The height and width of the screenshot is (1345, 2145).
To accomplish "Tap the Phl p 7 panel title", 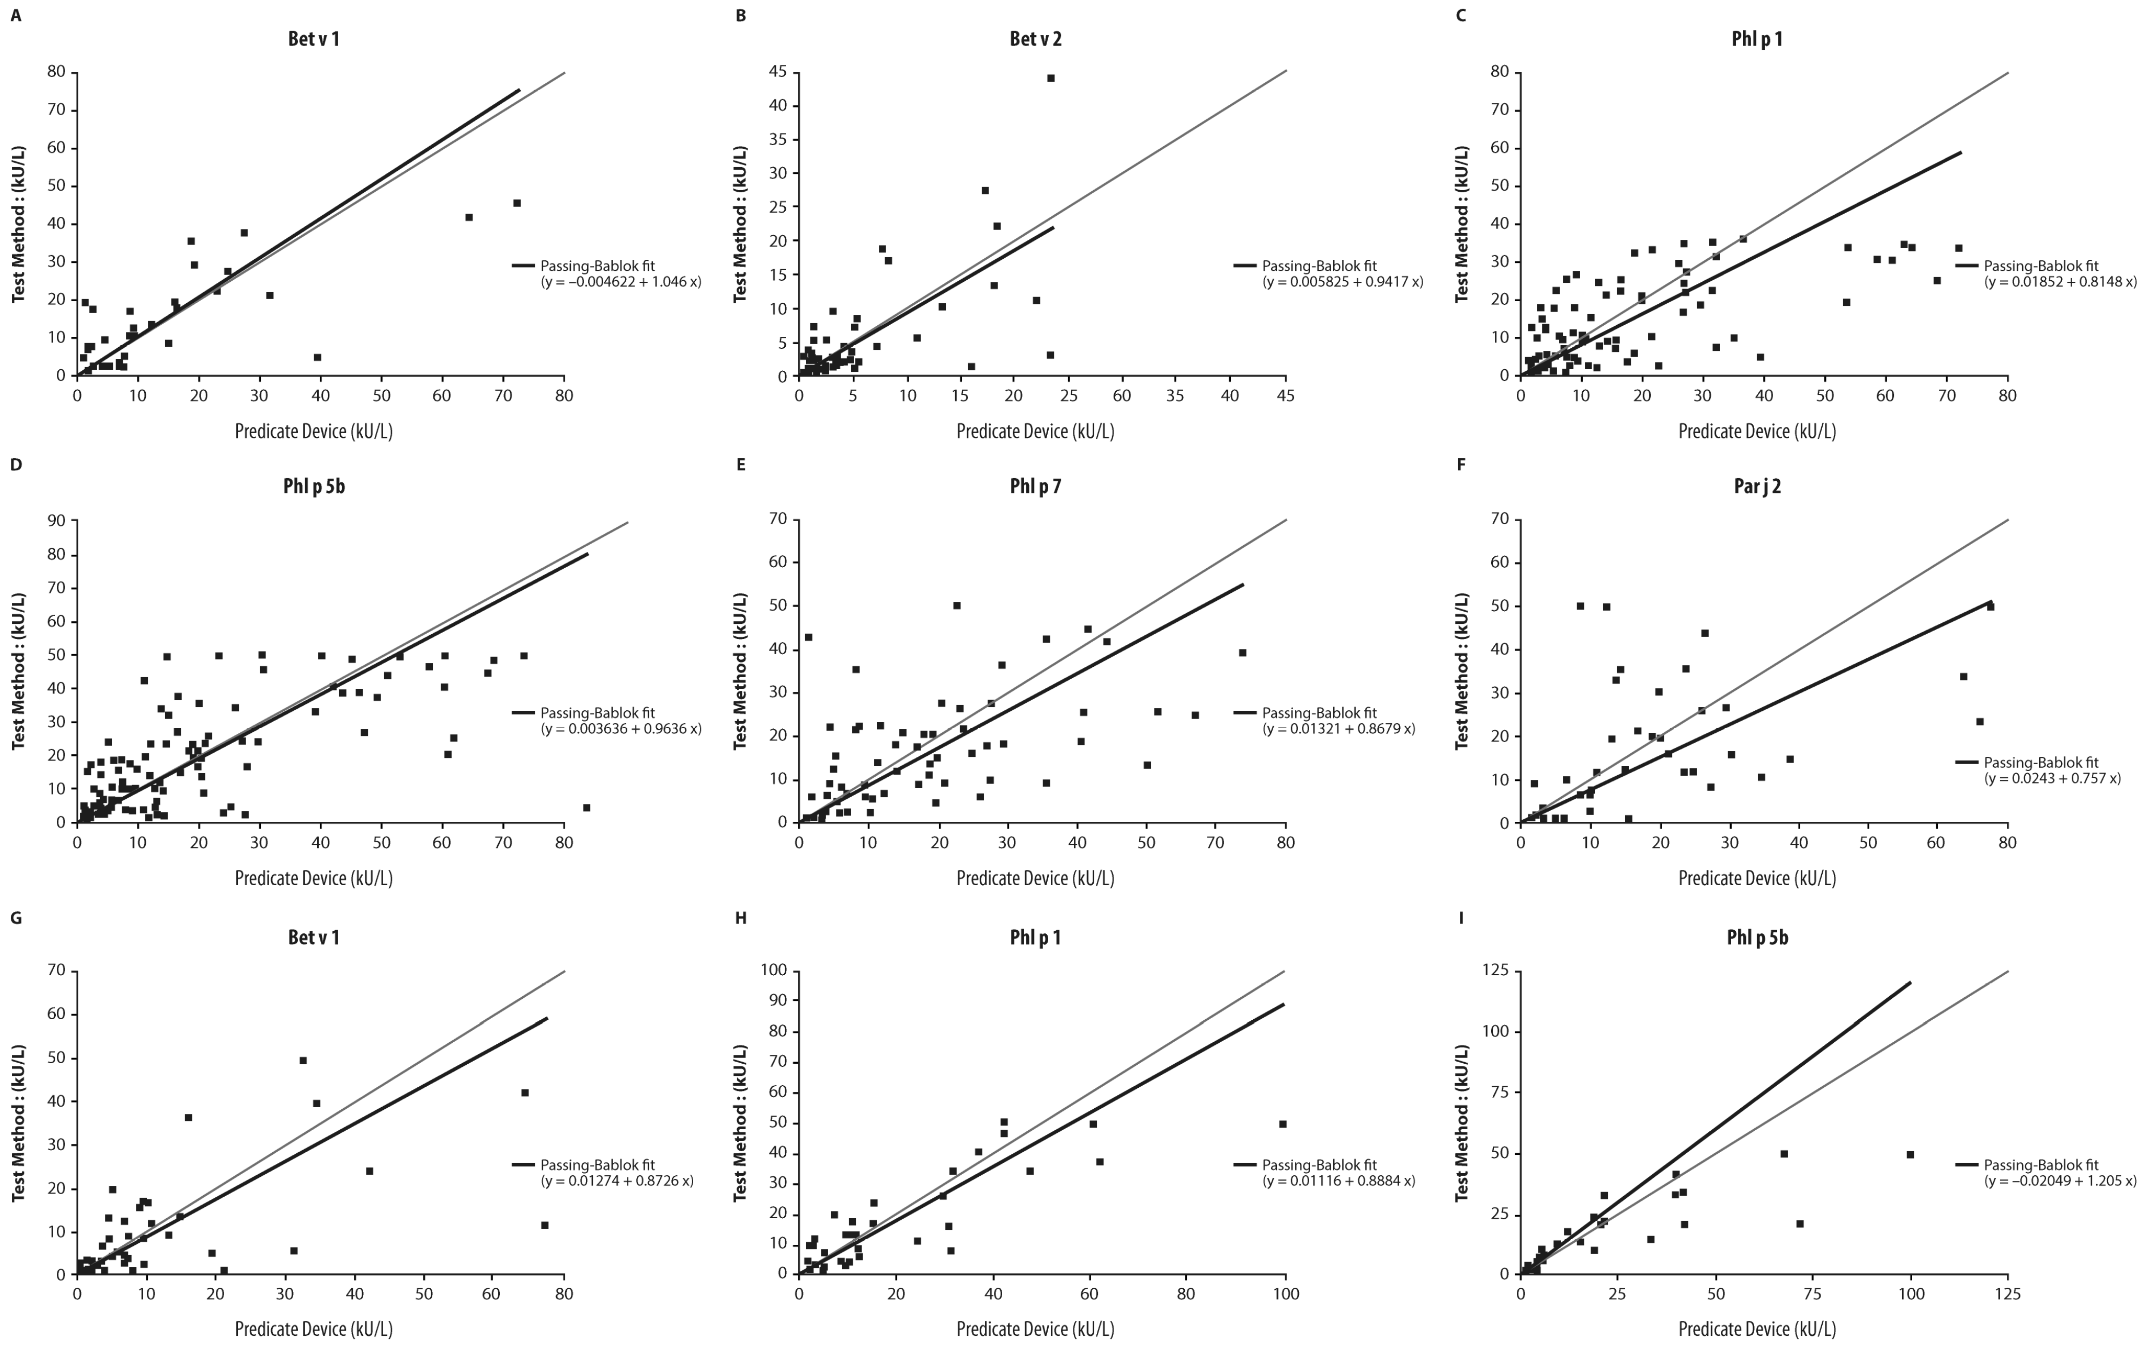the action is pyautogui.click(x=1035, y=486).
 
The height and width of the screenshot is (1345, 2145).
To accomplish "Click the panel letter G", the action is pyautogui.click(x=16, y=917).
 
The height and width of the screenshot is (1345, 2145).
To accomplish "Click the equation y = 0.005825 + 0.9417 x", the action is pyautogui.click(x=1342, y=282).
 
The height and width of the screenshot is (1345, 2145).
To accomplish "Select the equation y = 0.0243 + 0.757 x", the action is pyautogui.click(x=2052, y=778).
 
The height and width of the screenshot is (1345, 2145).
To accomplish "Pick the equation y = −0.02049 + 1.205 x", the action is pyautogui.click(x=2060, y=1181).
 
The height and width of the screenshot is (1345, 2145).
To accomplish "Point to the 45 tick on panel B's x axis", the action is pyautogui.click(x=1285, y=395).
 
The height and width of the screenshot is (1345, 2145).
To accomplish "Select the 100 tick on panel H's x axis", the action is pyautogui.click(x=1285, y=1293).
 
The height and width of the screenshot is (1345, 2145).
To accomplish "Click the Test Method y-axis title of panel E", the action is pyautogui.click(x=740, y=671).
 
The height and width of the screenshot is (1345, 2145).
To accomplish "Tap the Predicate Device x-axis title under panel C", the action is pyautogui.click(x=1757, y=432).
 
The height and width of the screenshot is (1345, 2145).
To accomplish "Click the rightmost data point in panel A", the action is pyautogui.click(x=516, y=203).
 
